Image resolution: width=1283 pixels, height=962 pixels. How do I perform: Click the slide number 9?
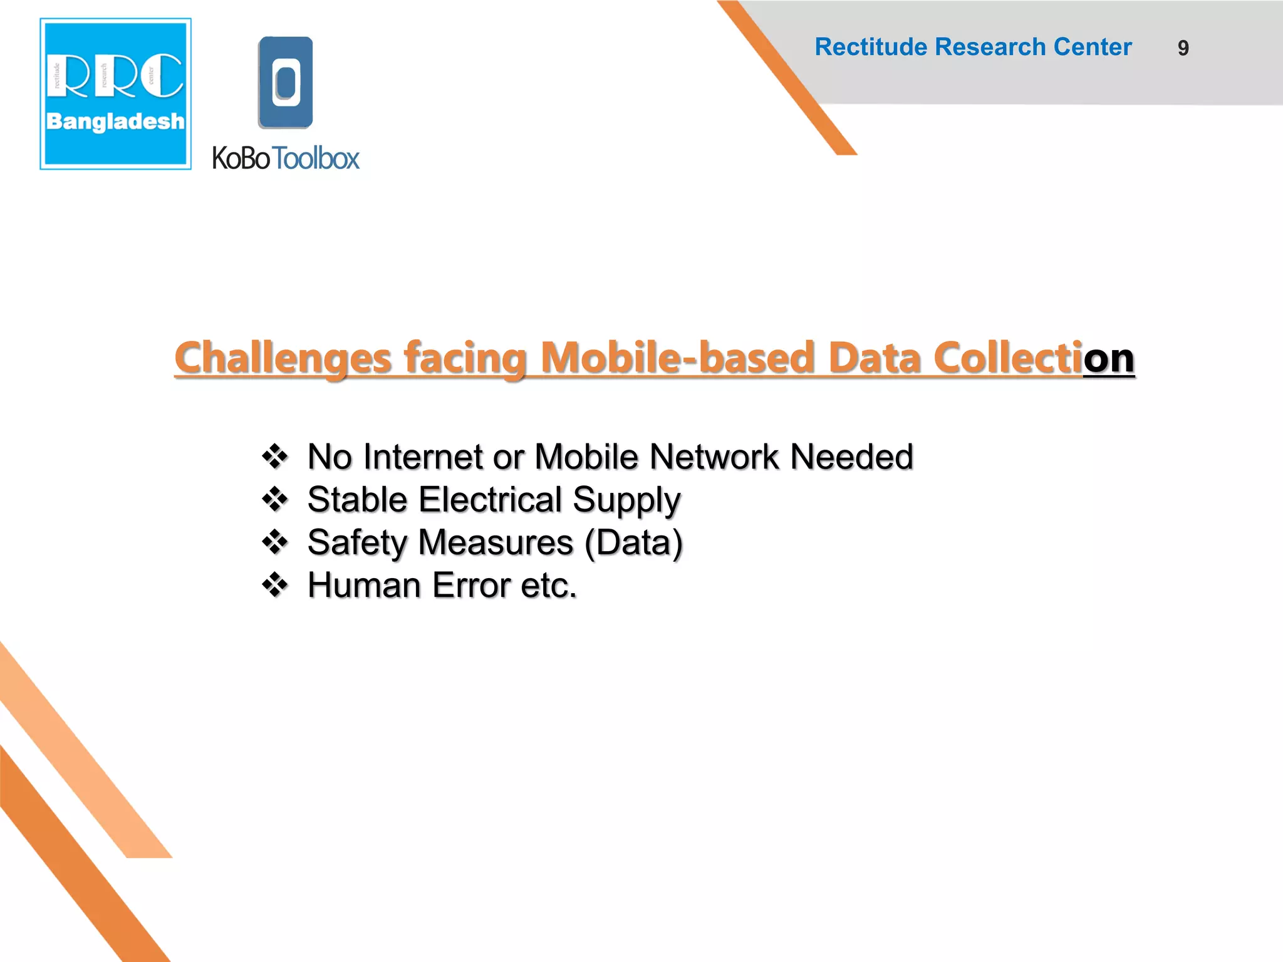point(1183,48)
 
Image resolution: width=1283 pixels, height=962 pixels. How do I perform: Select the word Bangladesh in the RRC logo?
point(115,122)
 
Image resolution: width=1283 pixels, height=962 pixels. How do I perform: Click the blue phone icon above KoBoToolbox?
point(286,83)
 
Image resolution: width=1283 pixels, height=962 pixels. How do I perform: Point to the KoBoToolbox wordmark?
point(286,158)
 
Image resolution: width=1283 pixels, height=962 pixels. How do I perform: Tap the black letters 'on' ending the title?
point(1109,358)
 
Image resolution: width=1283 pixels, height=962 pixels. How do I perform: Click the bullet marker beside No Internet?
point(275,457)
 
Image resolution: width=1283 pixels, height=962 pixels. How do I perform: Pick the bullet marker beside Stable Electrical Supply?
point(275,500)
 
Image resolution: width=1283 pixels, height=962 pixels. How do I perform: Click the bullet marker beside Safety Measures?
point(275,542)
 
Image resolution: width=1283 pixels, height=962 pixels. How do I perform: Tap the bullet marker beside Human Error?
point(275,585)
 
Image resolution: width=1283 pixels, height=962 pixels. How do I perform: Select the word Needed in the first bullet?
point(851,457)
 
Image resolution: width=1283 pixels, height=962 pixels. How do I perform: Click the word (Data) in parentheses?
point(633,542)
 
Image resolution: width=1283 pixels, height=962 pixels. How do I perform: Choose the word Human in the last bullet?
point(364,585)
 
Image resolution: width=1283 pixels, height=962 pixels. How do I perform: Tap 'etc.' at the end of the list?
point(549,585)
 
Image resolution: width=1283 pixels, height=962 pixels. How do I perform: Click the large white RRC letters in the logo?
point(115,76)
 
